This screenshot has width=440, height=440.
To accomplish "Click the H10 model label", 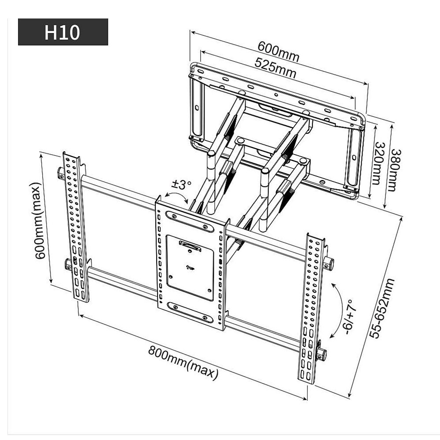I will [x=62, y=32].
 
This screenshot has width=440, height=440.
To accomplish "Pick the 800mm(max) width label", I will [x=183, y=363].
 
